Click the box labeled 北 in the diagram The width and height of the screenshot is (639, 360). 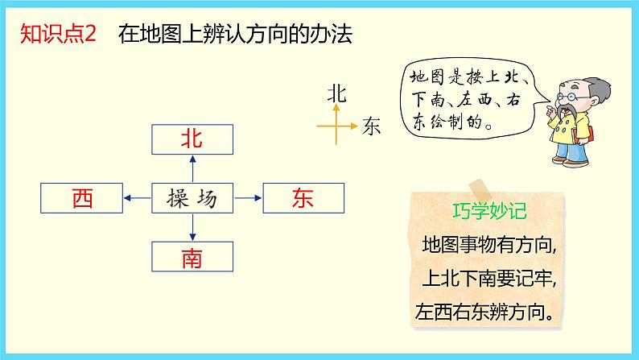click(x=192, y=139)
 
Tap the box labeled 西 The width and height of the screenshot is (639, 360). click(x=81, y=198)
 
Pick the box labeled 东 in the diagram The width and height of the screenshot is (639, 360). click(x=303, y=198)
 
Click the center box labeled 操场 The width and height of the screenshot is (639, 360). click(x=192, y=198)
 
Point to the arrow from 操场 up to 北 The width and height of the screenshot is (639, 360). click(x=192, y=168)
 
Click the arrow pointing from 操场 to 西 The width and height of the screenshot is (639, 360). click(x=137, y=198)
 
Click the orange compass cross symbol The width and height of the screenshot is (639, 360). click(x=337, y=126)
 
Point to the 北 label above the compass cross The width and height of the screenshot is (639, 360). click(x=337, y=93)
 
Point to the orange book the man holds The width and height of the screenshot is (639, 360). click(x=591, y=137)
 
